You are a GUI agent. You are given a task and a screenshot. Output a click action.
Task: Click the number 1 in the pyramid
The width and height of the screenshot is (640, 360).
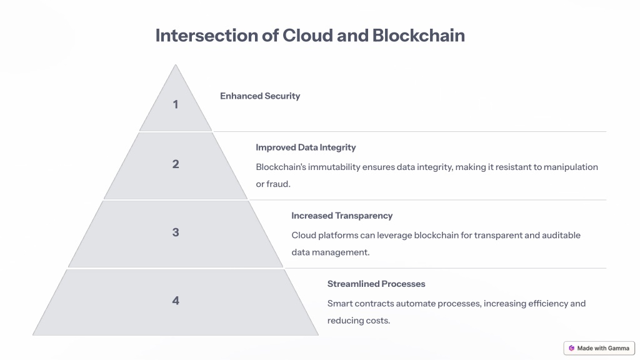click(176, 104)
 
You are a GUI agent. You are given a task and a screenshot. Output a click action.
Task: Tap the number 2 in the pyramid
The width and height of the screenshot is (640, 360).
click(176, 164)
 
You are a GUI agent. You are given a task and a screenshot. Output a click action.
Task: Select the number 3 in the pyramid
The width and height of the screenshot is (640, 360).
click(176, 232)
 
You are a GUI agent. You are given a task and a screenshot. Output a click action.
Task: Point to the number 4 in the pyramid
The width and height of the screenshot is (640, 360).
click(176, 301)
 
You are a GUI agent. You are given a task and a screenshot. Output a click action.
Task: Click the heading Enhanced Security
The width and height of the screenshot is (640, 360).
click(260, 96)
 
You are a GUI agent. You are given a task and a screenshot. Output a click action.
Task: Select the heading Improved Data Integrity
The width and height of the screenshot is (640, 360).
click(306, 147)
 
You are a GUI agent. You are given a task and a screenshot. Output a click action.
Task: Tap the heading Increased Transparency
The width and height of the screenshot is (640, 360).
click(342, 216)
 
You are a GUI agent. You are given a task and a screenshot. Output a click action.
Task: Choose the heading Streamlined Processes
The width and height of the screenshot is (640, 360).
click(376, 284)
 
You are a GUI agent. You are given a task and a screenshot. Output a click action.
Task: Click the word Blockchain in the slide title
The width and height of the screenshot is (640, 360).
click(418, 36)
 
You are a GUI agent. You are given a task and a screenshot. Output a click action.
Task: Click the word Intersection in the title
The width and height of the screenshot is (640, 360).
click(206, 36)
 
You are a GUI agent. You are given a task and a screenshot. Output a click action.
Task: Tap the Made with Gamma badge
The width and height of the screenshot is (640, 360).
click(599, 348)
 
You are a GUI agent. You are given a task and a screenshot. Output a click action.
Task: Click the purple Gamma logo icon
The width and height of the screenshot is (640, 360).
click(571, 348)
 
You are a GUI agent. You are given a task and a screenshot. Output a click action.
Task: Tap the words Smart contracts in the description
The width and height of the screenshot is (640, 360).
click(361, 303)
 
